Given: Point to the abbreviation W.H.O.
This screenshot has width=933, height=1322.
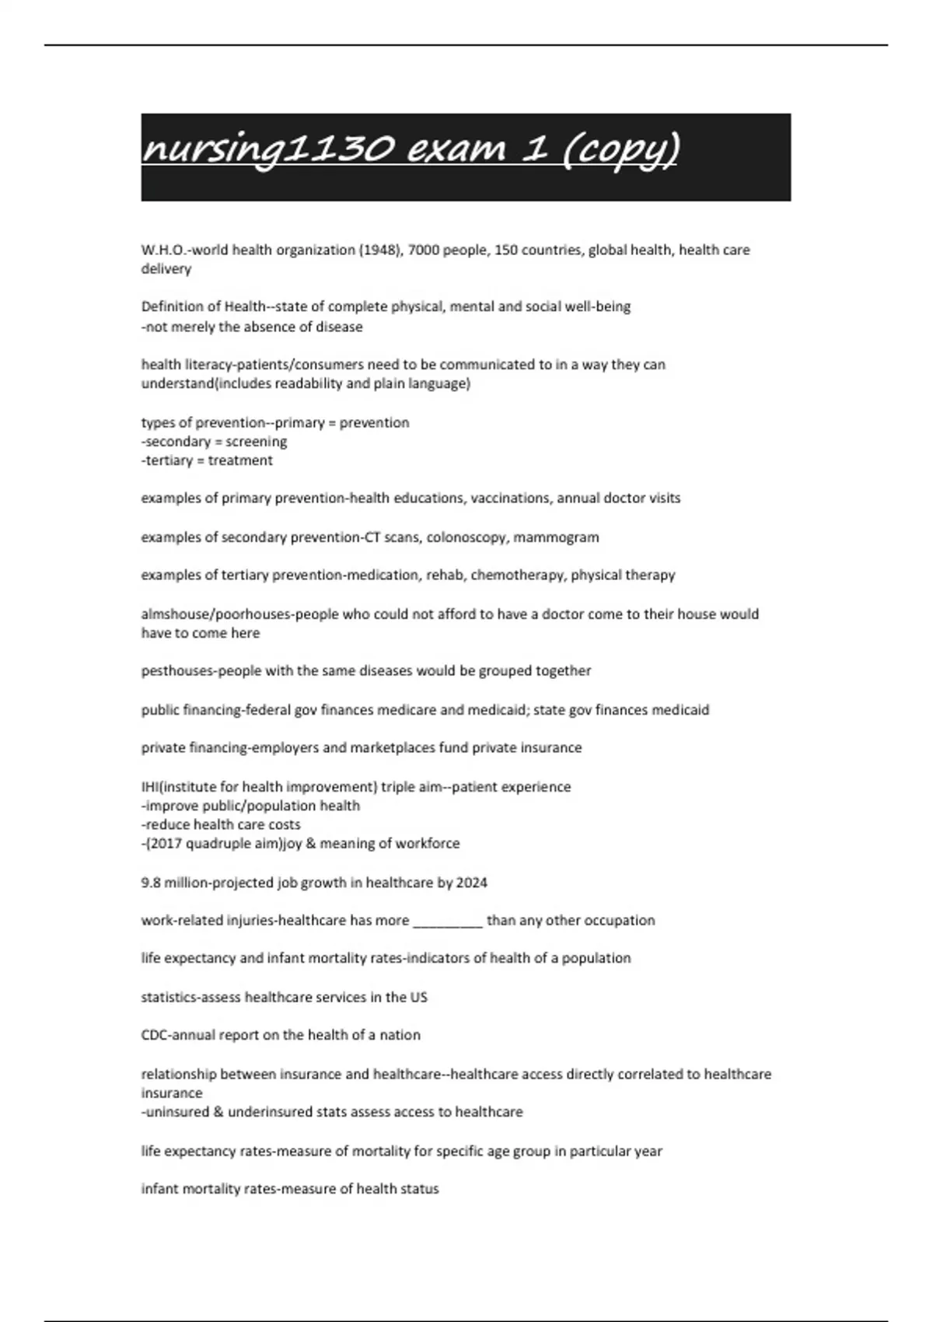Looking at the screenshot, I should tap(162, 250).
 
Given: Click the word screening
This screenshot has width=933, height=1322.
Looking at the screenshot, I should tap(257, 442).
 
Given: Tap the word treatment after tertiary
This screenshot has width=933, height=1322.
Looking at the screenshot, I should tap(240, 460).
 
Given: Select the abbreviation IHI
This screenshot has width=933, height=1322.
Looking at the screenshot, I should tap(150, 787).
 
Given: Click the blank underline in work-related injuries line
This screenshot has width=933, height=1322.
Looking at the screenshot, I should tap(448, 922).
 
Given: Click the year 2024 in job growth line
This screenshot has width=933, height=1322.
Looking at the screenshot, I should tap(471, 883).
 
